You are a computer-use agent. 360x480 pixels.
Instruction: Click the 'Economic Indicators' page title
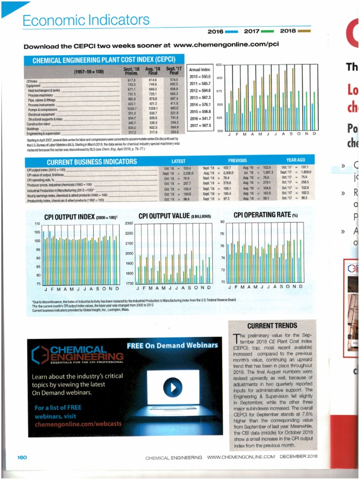coord(86,20)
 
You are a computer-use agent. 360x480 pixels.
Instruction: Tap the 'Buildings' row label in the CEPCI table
coord(33,127)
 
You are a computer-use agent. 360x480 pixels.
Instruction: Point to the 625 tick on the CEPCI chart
coord(218,64)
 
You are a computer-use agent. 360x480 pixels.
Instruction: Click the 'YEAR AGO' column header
coord(296,160)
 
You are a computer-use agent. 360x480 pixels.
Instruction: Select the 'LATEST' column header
coord(178,161)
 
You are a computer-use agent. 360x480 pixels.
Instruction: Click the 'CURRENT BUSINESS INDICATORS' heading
coord(92,162)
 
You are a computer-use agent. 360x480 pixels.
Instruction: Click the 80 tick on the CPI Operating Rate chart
coord(223,221)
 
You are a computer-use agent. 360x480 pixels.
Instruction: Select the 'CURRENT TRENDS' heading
coord(272,325)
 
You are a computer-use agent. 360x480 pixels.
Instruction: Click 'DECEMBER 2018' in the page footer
coord(299,457)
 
